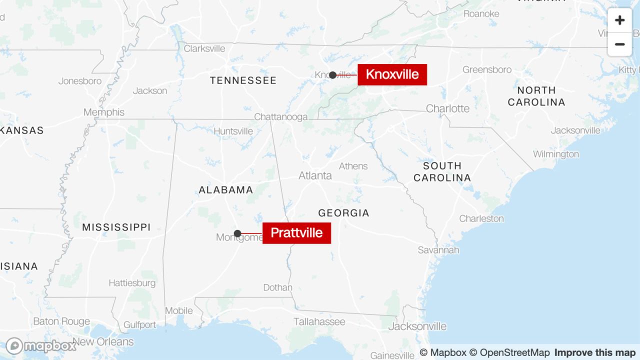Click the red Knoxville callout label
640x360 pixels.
pos(392,74)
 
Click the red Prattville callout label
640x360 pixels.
pos(296,232)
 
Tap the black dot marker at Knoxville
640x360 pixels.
pos(332,75)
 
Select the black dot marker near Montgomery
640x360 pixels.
pos(237,233)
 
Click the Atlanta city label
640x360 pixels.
pos(315,175)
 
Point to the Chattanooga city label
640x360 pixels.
pos(280,116)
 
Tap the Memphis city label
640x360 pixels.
pos(104,112)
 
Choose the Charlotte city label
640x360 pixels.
pos(447,108)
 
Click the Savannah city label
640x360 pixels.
pos(438,249)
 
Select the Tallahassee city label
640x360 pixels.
pos(319,321)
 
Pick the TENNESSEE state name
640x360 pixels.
pos(243,80)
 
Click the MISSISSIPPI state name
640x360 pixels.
pos(116,227)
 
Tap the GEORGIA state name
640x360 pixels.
pos(343,213)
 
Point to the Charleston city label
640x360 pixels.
pos(481,218)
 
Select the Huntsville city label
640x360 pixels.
pos(233,131)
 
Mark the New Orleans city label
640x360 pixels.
pos(103,342)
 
